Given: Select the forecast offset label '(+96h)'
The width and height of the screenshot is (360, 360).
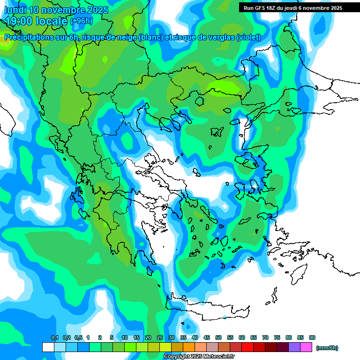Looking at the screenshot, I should tap(81, 21).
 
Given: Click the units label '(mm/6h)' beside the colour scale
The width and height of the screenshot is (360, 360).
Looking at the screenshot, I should tap(327, 348).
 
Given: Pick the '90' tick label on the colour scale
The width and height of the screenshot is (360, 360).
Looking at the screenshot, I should tap(312, 337).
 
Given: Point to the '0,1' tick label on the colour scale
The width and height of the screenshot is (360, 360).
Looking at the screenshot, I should tap(54, 337).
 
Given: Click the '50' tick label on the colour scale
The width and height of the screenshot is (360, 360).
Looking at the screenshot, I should tap(218, 337).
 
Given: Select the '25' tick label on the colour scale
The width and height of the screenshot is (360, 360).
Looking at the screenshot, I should tap(160, 337).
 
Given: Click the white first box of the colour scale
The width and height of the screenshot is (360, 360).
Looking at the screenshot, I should tap(48, 347).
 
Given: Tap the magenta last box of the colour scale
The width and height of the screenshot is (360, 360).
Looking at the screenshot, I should tap(306, 347).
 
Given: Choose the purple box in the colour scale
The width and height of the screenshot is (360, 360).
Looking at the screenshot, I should tap(294, 347).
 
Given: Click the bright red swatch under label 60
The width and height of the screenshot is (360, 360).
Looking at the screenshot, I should tap(247, 347).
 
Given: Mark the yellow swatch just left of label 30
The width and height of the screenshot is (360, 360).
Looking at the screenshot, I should tap(165, 347).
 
